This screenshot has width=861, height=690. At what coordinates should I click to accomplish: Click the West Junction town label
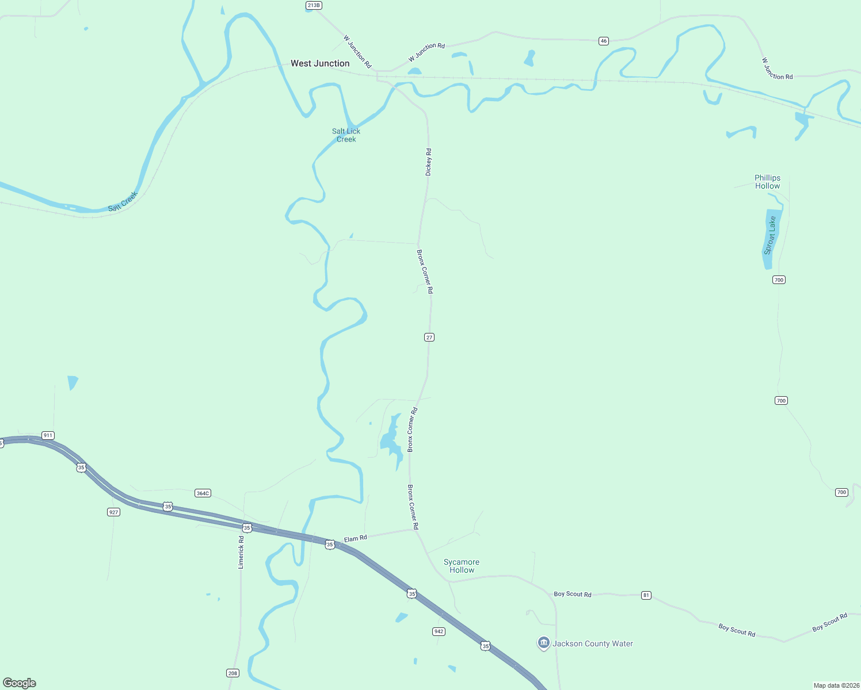[320, 64]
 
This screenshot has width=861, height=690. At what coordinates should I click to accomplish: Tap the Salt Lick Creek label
[346, 135]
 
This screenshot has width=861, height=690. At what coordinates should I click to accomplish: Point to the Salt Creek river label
[123, 202]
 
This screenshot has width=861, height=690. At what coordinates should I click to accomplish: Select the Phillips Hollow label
[767, 182]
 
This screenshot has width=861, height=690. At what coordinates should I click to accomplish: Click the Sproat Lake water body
[770, 239]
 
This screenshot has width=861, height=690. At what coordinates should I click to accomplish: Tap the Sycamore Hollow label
[462, 566]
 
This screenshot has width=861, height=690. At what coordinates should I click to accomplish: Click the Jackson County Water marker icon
[543, 643]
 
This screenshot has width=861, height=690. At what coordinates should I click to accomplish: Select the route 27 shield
[429, 337]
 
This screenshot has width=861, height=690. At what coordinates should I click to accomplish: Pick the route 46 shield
[603, 41]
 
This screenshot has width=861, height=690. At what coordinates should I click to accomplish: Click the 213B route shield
[314, 5]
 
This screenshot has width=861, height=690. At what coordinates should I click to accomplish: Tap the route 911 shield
[48, 435]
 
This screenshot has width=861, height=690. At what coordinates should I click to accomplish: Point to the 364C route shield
[203, 493]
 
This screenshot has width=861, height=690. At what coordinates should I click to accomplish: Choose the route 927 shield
[113, 512]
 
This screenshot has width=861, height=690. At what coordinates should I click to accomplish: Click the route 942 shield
[439, 631]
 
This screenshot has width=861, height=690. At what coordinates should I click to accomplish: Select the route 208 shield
[233, 673]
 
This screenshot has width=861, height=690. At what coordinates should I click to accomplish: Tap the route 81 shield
[646, 595]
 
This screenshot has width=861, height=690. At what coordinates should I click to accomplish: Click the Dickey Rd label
[428, 162]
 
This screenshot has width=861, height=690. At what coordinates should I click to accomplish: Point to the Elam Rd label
[355, 539]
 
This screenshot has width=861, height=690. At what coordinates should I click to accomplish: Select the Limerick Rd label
[241, 553]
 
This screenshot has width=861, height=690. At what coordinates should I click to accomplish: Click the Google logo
[20, 683]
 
